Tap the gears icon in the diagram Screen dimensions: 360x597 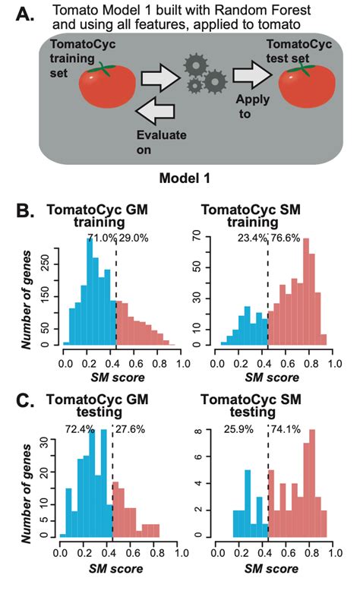point(206,74)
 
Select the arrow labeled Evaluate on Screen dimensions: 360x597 point(155,110)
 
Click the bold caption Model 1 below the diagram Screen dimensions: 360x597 point(185,178)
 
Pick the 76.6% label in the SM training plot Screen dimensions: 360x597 point(285,238)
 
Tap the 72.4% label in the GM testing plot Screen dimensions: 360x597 point(80,429)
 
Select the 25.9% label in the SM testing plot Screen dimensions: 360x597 point(238,429)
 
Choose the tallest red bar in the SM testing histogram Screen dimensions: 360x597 point(312,483)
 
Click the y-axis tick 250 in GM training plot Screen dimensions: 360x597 point(46,264)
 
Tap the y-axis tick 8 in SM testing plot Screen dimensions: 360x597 point(197,430)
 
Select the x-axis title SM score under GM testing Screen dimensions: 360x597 point(115,569)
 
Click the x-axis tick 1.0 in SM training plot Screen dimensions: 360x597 point(334,364)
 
